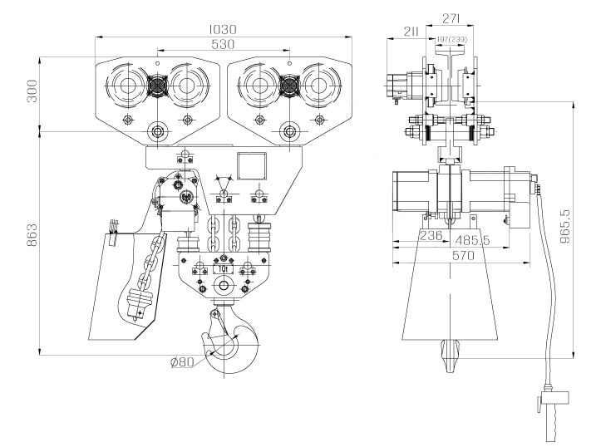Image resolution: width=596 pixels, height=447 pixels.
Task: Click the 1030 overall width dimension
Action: (x=223, y=29)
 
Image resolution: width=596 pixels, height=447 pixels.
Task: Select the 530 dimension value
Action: (x=223, y=44)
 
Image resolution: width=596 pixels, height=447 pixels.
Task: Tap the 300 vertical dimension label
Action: (x=32, y=91)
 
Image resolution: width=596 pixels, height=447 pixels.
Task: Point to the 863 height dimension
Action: (x=32, y=234)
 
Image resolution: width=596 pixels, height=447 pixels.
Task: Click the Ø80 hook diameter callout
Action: (x=182, y=362)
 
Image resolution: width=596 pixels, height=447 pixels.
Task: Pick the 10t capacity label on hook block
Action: (x=223, y=268)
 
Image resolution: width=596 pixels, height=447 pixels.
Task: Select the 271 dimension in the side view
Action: (x=451, y=18)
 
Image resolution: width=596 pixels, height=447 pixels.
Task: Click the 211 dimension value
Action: (x=411, y=32)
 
